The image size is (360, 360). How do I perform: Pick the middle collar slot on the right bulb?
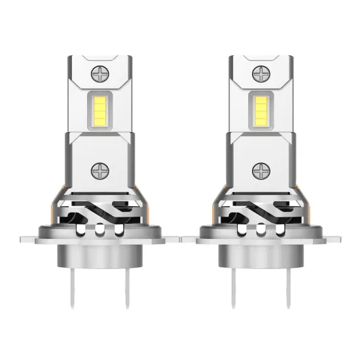point(261,230)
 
